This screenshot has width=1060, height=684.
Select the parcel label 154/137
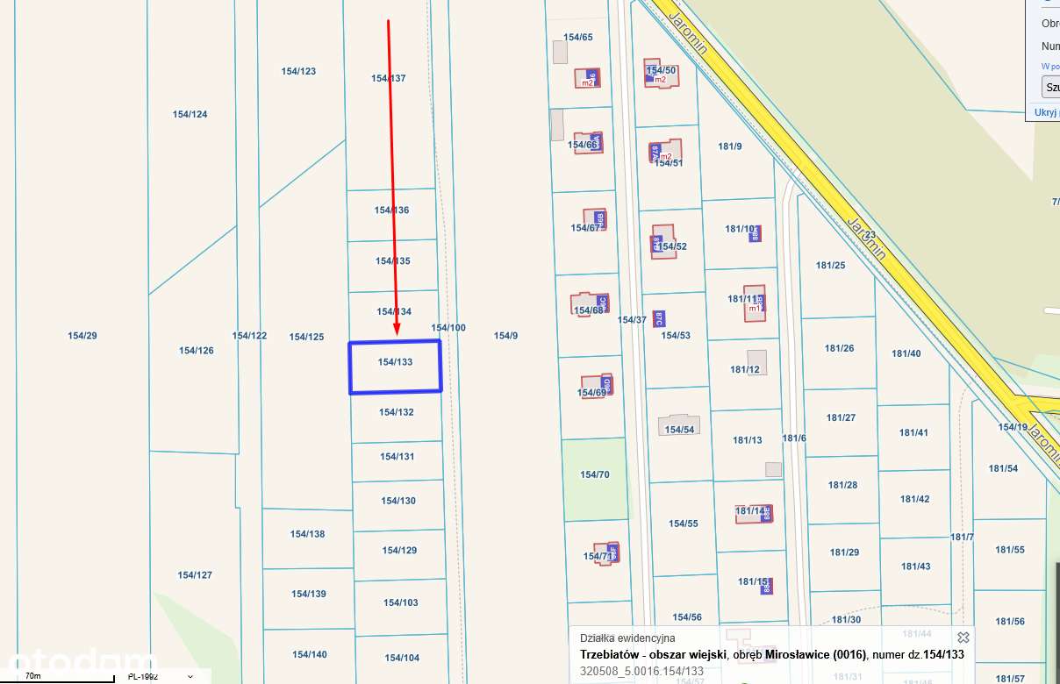pyautogui.click(x=389, y=78)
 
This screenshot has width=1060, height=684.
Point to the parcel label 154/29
pyautogui.click(x=82, y=336)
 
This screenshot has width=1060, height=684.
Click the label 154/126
pyautogui.click(x=197, y=351)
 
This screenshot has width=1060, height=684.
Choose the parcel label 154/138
pyautogui.click(x=308, y=534)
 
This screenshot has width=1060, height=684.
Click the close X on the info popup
pyautogui.click(x=963, y=638)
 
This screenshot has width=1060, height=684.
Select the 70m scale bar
pyautogui.click(x=57, y=676)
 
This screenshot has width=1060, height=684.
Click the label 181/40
pyautogui.click(x=906, y=353)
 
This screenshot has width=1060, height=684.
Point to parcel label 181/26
pyautogui.click(x=840, y=348)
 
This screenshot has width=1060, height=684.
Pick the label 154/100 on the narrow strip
pyautogui.click(x=448, y=328)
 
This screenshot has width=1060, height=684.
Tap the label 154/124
pyautogui.click(x=190, y=114)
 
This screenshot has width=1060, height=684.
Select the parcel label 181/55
pyautogui.click(x=1010, y=550)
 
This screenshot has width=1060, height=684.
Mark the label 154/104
pyautogui.click(x=401, y=658)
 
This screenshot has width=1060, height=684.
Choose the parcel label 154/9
pyautogui.click(x=506, y=335)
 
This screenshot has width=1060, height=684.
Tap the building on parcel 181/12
pyautogui.click(x=756, y=361)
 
